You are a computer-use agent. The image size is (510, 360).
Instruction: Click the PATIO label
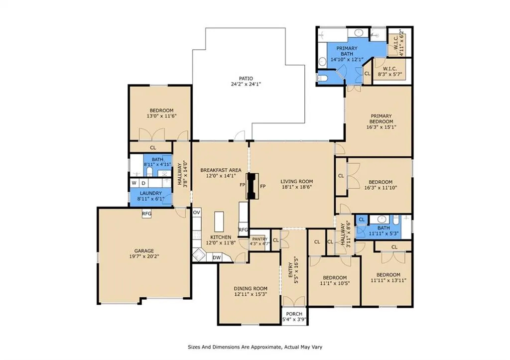click(x=246, y=78)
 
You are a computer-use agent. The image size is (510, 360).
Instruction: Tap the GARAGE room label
click(x=144, y=251)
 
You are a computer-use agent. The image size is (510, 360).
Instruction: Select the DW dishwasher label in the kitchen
click(x=217, y=257)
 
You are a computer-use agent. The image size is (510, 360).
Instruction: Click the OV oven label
click(x=196, y=212)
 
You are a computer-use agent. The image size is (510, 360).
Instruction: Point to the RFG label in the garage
click(x=147, y=214)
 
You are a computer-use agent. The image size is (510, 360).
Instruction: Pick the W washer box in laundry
click(x=134, y=183)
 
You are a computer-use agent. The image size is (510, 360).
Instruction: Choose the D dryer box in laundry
click(x=143, y=183)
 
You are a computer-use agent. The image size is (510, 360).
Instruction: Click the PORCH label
click(x=294, y=314)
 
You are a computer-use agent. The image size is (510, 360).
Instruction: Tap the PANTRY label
click(x=259, y=239)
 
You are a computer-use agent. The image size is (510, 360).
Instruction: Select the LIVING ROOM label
click(x=297, y=181)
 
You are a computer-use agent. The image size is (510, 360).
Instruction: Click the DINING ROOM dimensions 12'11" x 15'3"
click(x=251, y=294)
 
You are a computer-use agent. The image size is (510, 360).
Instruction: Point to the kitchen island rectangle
click(x=219, y=222)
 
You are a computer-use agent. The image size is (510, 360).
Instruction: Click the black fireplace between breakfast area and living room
click(x=252, y=186)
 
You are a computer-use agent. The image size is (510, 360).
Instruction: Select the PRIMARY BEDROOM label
click(x=381, y=119)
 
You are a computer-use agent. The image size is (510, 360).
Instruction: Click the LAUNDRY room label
click(x=150, y=193)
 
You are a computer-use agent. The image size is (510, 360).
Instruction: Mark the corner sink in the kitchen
click(x=198, y=255)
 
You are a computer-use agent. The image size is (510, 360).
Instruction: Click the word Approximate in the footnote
click(x=262, y=347)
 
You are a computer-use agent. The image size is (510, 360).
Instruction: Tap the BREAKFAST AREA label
click(x=221, y=170)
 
